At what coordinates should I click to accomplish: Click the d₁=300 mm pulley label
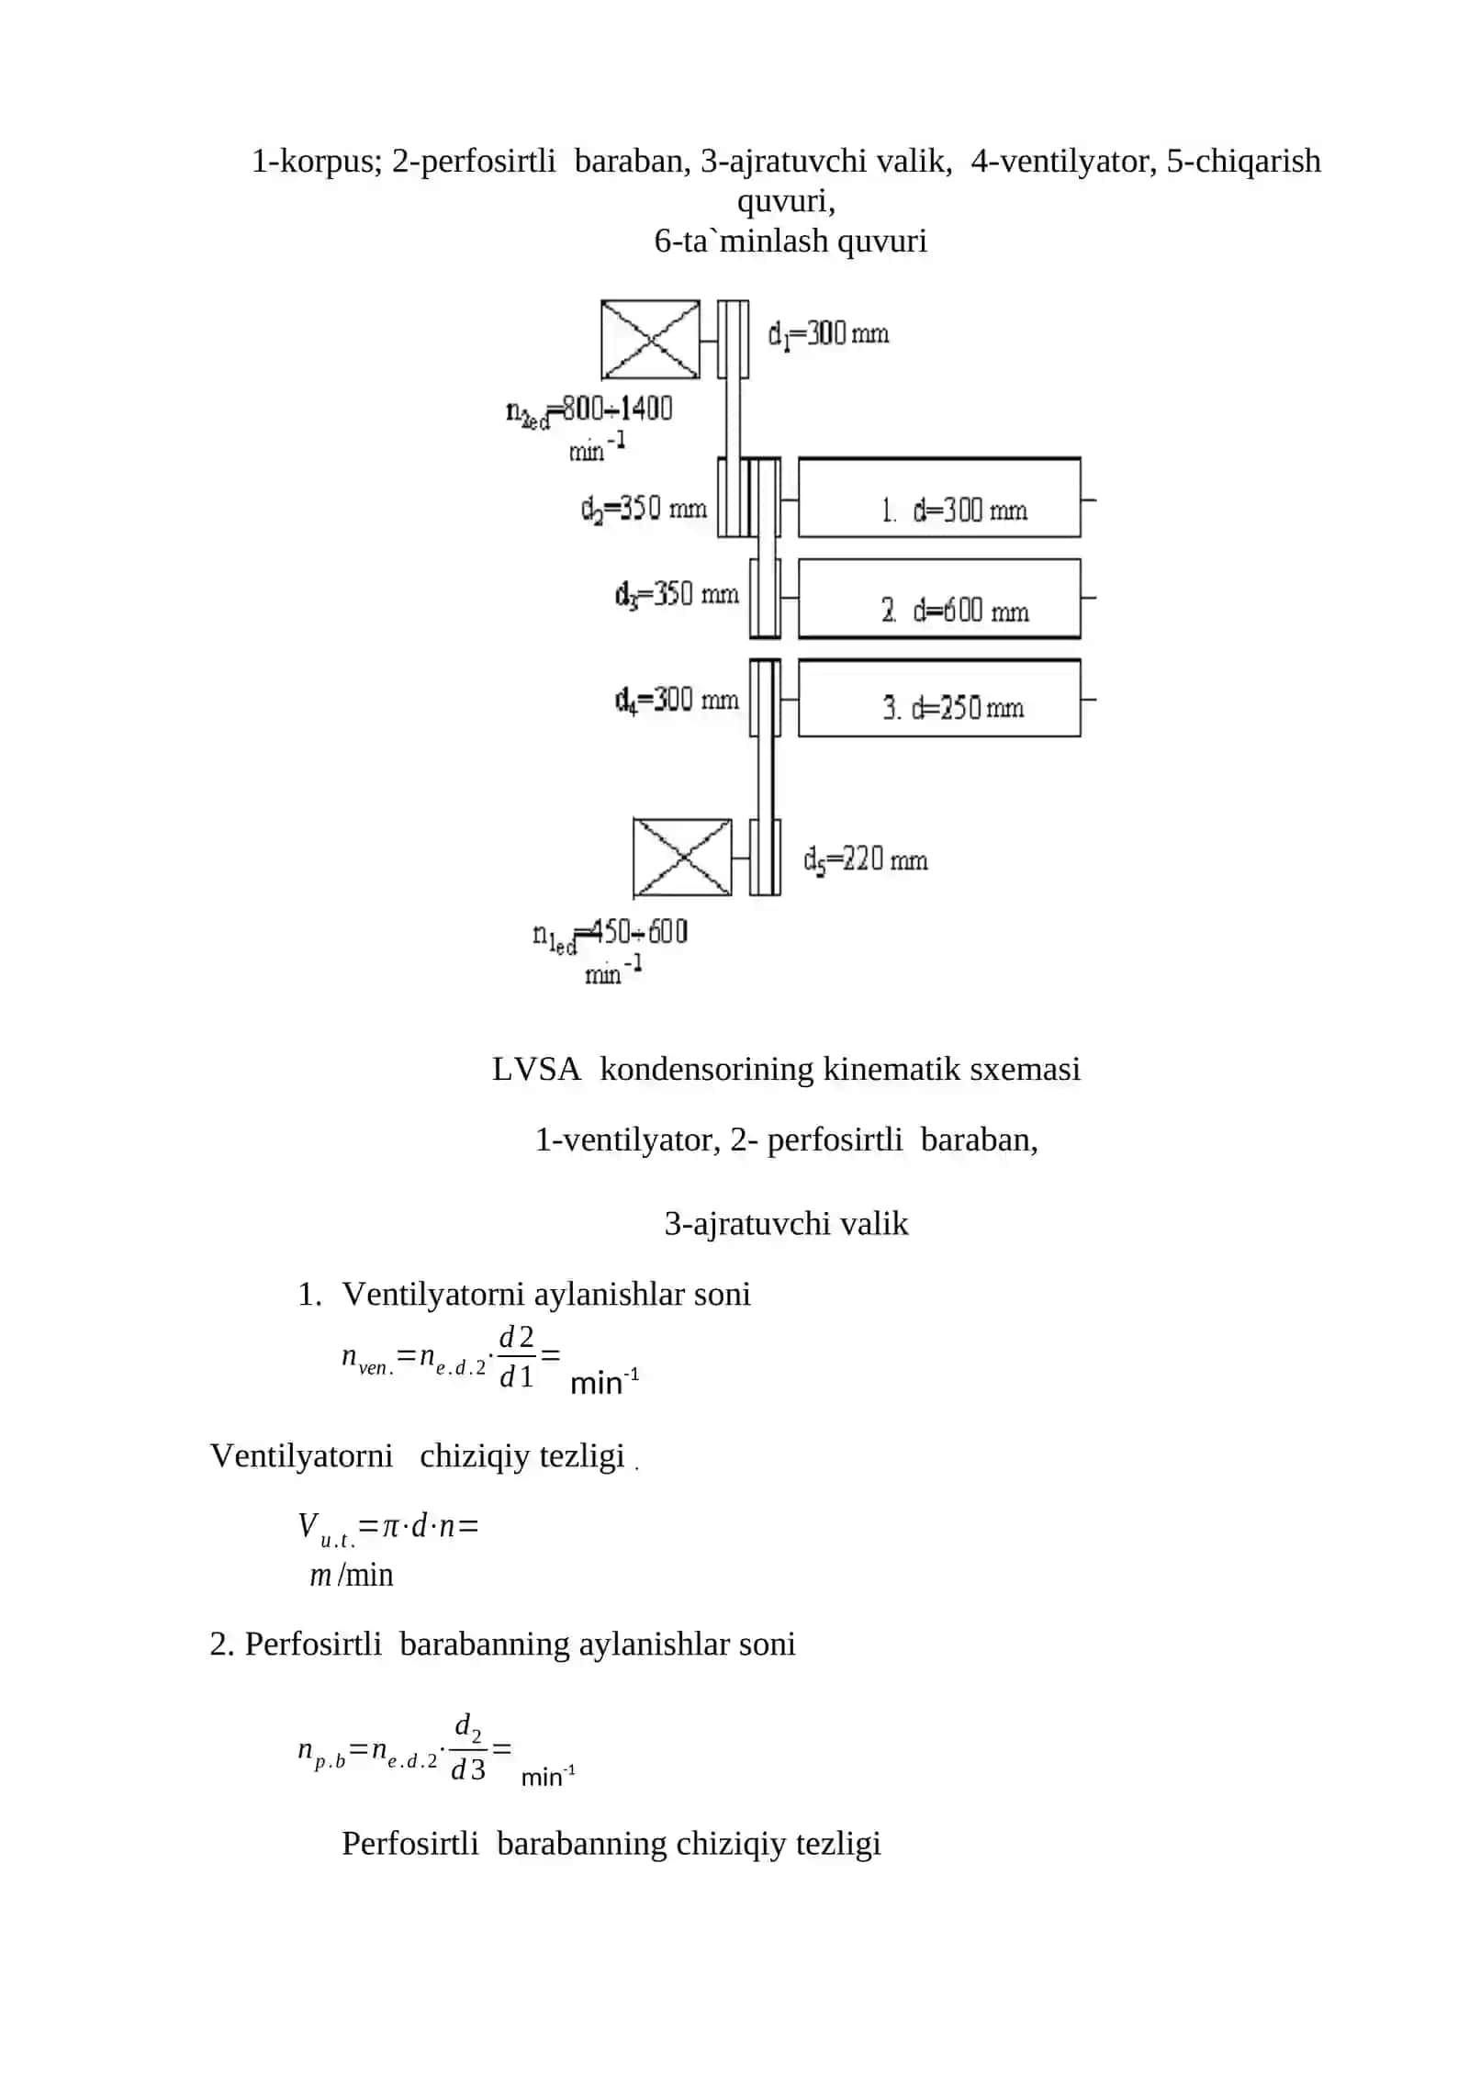pyautogui.click(x=828, y=334)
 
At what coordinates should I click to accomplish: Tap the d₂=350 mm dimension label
pyautogui.click(x=643, y=509)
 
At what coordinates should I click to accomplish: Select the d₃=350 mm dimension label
pyautogui.click(x=677, y=595)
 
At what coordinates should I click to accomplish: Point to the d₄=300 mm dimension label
pyautogui.click(x=677, y=701)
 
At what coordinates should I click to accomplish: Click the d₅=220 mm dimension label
pyautogui.click(x=865, y=860)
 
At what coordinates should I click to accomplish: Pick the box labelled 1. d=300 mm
pyautogui.click(x=939, y=498)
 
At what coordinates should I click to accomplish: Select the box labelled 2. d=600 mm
pyautogui.click(x=939, y=599)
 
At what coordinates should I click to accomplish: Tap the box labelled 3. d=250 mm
pyautogui.click(x=939, y=698)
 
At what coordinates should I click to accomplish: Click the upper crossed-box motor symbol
pyautogui.click(x=650, y=339)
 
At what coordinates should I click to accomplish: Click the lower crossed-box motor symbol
pyautogui.click(x=682, y=858)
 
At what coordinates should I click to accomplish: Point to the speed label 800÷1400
pyautogui.click(x=617, y=409)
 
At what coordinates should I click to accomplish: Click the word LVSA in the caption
pyautogui.click(x=536, y=1069)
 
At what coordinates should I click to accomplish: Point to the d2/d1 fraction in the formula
pyautogui.click(x=517, y=1356)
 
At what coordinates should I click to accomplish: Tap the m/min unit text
pyautogui.click(x=352, y=1575)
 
